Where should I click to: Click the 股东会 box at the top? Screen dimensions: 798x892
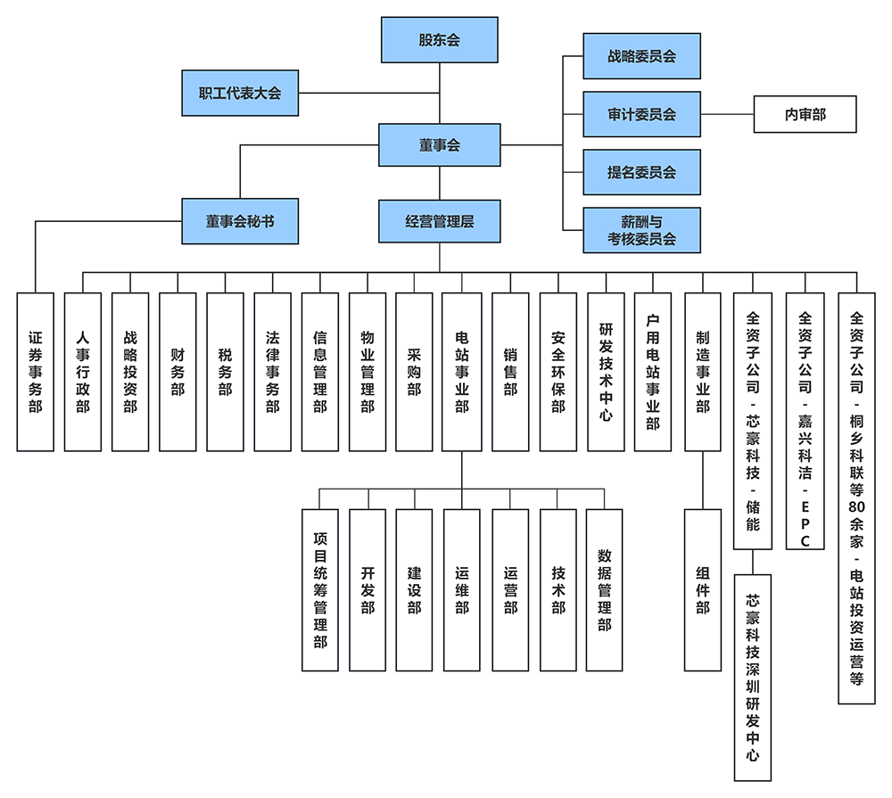440,40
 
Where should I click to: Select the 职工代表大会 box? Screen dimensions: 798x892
240,93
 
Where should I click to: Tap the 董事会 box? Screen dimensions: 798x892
440,144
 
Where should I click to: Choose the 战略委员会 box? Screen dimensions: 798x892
641,56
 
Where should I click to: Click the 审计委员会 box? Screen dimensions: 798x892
641,114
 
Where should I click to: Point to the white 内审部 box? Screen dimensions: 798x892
805,114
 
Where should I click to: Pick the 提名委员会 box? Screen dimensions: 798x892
641,172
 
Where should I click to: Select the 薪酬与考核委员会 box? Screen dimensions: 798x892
641,229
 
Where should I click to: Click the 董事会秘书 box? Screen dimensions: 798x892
240,221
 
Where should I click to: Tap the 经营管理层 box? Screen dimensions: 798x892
440,221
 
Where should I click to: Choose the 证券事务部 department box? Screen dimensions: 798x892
36,371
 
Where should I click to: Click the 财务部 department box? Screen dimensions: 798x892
178,371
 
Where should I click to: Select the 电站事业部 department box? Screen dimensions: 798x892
461,371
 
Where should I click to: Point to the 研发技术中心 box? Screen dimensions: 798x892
606,371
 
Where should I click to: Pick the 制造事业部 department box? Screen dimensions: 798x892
703,371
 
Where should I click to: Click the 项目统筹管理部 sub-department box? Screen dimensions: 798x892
320,589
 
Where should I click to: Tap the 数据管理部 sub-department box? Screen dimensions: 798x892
605,589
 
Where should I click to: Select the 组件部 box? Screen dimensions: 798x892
703,589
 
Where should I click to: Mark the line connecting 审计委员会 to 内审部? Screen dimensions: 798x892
727,114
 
